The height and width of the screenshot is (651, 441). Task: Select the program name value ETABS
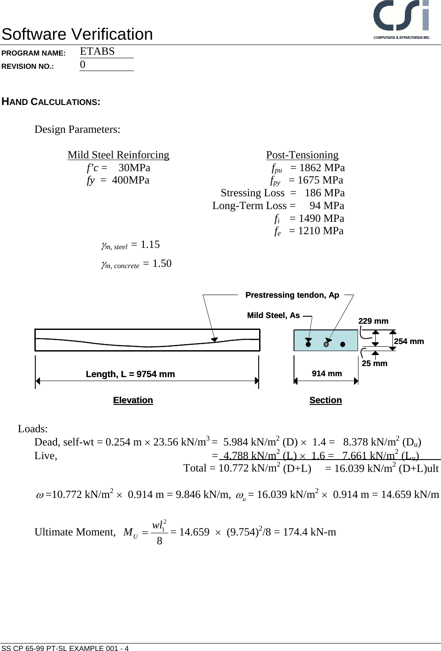(97, 51)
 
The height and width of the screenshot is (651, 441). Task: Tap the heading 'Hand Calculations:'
(51, 102)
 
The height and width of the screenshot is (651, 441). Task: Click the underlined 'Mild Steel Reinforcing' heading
(118, 155)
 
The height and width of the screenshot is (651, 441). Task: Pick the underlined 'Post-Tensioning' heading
(302, 155)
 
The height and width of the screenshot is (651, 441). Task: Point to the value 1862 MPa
(322, 168)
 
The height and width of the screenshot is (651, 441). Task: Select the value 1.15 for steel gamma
(150, 244)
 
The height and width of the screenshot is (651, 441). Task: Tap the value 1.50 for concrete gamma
(162, 263)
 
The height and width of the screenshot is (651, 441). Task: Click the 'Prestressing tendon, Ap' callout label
(292, 295)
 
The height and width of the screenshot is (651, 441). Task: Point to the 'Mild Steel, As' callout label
(273, 315)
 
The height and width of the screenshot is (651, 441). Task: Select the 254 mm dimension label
(408, 341)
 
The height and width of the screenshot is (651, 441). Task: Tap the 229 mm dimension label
(373, 321)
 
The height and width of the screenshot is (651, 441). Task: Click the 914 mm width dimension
(327, 374)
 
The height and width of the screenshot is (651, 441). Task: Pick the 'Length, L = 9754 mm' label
(130, 374)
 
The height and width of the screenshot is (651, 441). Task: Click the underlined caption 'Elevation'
(133, 400)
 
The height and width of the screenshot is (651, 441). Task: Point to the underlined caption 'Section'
(325, 400)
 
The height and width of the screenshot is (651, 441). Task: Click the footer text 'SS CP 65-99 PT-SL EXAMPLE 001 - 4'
(65, 648)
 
